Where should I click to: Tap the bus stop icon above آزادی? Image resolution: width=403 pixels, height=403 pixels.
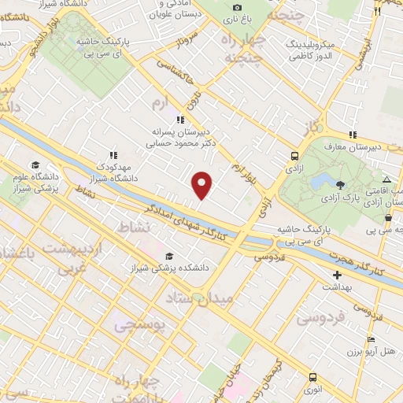294,156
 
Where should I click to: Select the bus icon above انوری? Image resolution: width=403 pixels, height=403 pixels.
313,377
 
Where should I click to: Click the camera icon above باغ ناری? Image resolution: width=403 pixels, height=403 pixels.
238,6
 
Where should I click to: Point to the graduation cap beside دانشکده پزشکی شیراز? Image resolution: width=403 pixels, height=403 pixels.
169,256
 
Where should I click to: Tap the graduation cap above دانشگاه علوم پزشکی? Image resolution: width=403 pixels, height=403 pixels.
35,165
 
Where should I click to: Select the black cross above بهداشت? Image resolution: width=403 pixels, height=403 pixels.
338,275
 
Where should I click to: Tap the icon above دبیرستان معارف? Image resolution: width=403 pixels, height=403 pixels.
353,135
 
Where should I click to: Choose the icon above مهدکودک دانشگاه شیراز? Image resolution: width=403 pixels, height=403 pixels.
114,155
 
